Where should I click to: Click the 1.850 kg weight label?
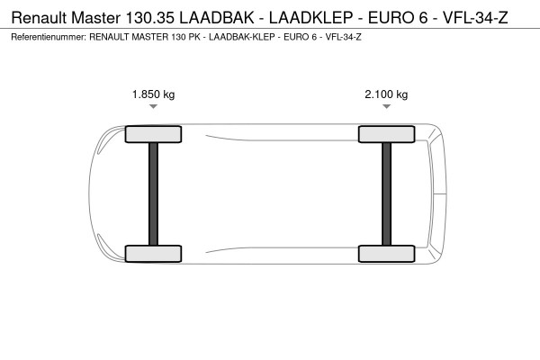click(153, 94)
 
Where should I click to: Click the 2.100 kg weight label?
click(386, 94)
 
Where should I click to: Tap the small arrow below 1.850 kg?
click(153, 107)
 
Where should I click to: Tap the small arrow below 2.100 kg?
click(386, 107)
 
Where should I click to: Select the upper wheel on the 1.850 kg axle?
click(153, 134)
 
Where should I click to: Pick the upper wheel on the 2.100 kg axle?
click(386, 134)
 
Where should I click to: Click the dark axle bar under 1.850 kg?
click(153, 193)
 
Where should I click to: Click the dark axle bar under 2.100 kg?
click(386, 193)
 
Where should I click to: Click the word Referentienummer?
click(49, 37)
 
